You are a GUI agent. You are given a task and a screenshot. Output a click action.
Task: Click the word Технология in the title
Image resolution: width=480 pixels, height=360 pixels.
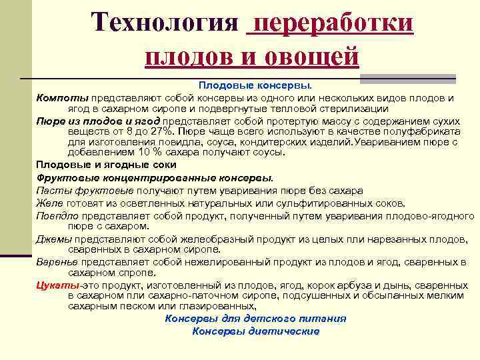point(164,23)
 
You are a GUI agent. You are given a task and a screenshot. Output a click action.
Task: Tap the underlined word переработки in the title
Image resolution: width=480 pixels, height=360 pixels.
point(329,23)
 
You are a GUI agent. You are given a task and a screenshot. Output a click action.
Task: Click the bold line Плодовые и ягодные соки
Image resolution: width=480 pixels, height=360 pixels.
point(106,164)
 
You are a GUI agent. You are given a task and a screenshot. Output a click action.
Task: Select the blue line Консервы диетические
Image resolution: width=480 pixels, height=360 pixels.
point(255,331)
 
